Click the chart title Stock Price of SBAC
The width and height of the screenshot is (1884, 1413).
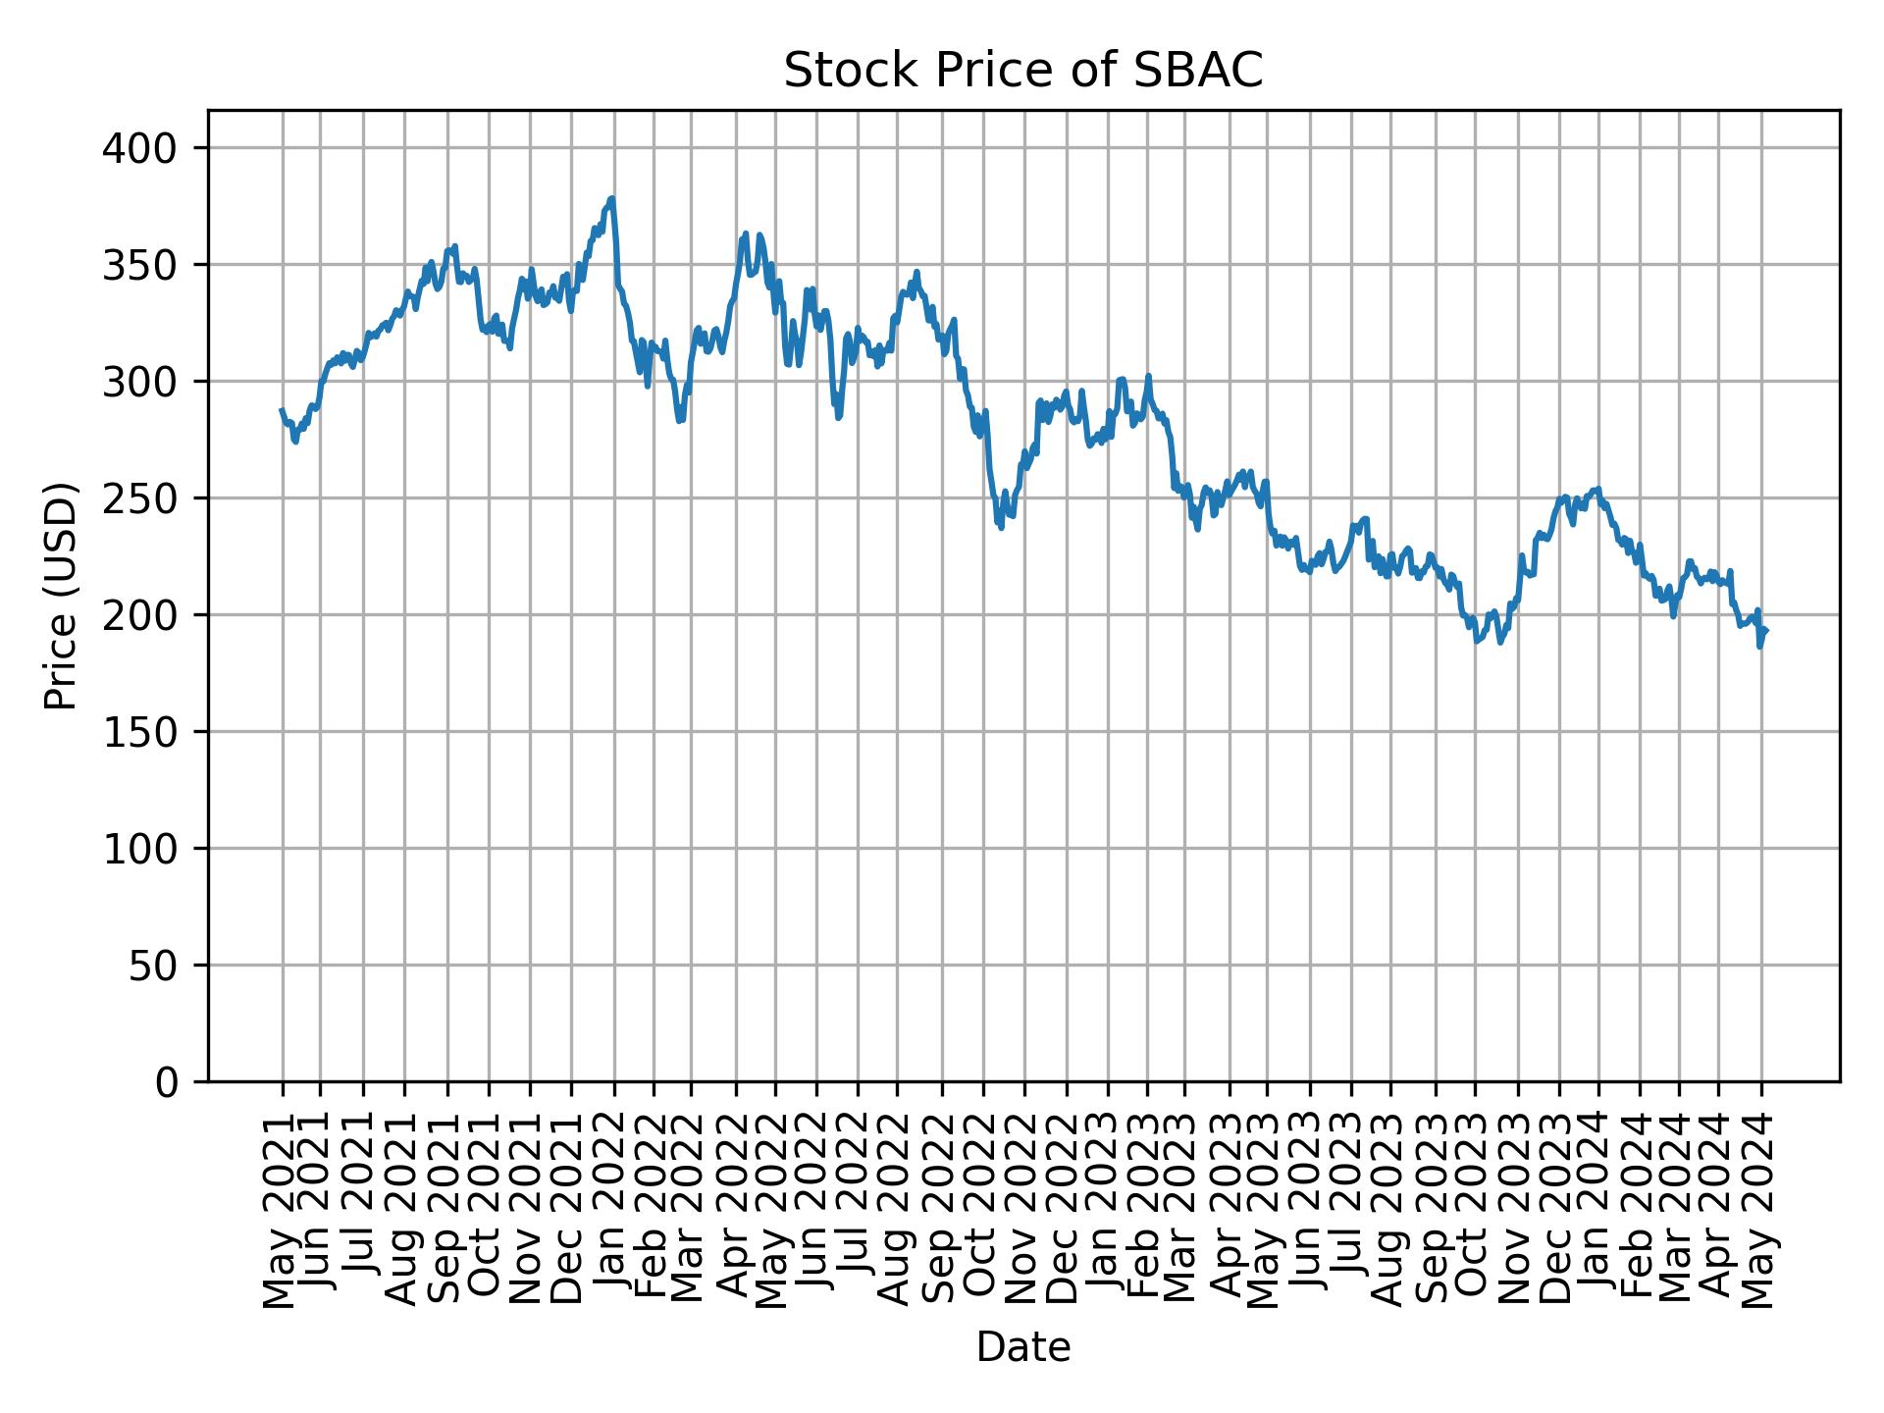[1022, 71]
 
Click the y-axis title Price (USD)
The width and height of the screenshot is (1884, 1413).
[61, 596]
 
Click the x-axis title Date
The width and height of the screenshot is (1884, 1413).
[1022, 1347]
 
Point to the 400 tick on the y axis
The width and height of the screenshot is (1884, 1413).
[151, 148]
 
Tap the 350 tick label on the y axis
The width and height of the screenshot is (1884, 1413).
[151, 265]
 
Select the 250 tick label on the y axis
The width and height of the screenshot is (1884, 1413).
[151, 498]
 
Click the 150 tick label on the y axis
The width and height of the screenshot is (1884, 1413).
[151, 732]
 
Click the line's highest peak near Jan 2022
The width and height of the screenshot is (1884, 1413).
[612, 198]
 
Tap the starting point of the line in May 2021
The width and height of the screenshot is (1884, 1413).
[282, 410]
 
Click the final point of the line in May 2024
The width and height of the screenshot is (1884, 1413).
[1766, 631]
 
